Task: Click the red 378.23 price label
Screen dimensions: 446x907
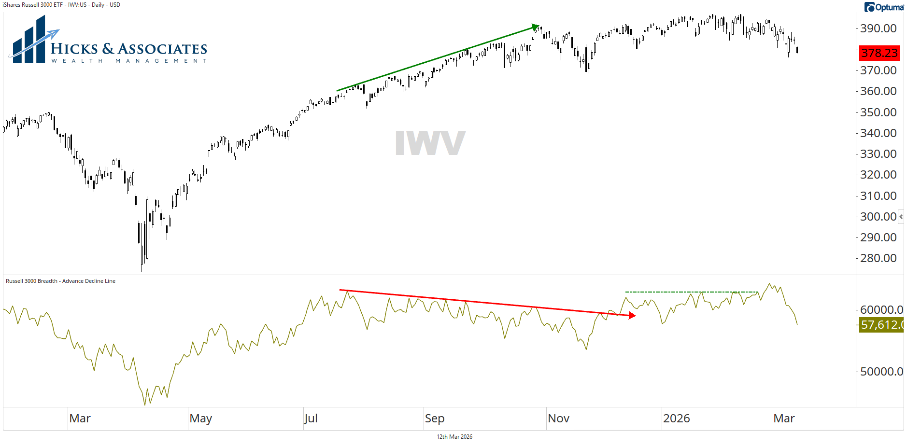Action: point(879,53)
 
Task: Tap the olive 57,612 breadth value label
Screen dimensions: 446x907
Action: point(881,325)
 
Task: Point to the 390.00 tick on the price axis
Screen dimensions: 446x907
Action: point(878,28)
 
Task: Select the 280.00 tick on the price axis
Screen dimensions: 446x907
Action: point(878,258)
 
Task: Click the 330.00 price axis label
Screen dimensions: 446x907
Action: point(878,154)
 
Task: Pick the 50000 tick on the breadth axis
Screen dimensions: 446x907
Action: point(881,372)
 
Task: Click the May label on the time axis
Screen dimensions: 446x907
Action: point(200,418)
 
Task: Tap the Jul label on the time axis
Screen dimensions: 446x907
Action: point(311,418)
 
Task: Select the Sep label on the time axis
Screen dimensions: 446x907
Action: point(435,418)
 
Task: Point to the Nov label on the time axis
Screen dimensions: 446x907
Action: point(558,418)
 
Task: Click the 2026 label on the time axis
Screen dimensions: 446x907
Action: point(676,418)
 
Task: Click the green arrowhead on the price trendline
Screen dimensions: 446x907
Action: point(535,27)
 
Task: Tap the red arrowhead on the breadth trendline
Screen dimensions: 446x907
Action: point(632,316)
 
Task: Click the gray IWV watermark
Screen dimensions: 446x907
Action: point(430,143)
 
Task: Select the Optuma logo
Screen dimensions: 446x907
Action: point(884,7)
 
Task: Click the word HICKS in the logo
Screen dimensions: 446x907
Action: point(74,49)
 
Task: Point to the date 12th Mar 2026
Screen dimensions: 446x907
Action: point(454,437)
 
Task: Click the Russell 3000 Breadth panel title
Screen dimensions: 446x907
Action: point(60,281)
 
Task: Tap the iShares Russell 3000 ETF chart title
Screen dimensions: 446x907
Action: point(61,5)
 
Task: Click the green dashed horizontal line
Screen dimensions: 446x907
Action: point(691,292)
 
